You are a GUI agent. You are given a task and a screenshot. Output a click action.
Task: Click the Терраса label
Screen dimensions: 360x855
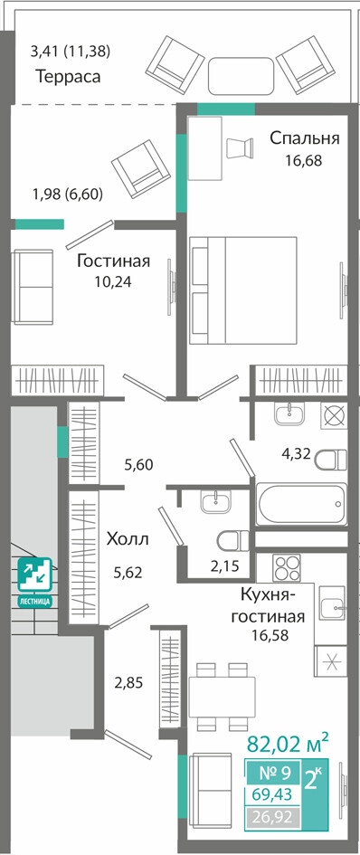point(68,76)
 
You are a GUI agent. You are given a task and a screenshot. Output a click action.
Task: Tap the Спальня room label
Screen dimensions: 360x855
point(305,138)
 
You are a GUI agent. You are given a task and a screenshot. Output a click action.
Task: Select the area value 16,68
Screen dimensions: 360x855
point(304,160)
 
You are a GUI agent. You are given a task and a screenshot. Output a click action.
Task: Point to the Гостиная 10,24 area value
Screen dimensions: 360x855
point(113,282)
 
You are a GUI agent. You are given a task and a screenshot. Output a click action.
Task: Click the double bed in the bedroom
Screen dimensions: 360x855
point(243,290)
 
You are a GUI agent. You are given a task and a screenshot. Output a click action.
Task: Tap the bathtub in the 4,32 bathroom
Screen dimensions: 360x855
point(301,504)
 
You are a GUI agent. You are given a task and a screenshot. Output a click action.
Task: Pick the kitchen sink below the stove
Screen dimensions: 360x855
point(333,604)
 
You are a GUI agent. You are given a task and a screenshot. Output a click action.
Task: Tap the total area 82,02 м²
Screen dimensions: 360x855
point(289,742)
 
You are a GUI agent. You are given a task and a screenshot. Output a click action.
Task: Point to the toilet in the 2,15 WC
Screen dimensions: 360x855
point(232,541)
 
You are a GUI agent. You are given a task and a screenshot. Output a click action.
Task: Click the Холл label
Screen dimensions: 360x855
point(128,539)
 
